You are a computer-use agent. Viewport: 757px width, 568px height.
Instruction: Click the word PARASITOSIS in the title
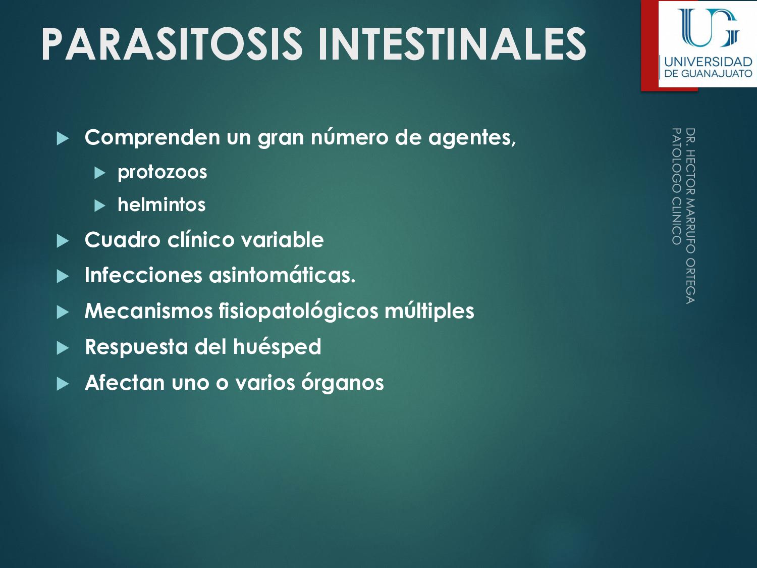(x=172, y=44)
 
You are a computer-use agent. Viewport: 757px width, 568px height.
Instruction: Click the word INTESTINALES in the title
(x=452, y=44)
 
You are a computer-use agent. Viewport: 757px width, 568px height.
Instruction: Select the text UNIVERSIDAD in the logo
(x=708, y=62)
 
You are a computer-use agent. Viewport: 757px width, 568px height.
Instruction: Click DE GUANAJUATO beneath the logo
(x=708, y=74)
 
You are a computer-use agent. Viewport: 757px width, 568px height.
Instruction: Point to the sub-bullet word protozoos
(x=162, y=172)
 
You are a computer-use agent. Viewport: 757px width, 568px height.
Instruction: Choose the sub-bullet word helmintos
(x=161, y=205)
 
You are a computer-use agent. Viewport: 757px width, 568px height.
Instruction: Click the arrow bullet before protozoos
(x=100, y=173)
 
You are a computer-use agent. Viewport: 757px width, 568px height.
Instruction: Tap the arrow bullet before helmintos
(x=100, y=206)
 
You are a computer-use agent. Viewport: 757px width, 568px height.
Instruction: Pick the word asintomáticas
(x=282, y=275)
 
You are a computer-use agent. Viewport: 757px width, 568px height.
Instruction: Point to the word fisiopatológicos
(x=298, y=311)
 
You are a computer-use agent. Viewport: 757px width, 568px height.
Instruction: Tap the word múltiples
(x=429, y=311)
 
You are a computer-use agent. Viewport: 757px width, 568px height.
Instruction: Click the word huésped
(x=277, y=347)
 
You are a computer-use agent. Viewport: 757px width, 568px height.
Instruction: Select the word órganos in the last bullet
(x=342, y=383)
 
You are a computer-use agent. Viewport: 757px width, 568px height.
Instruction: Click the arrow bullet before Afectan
(x=63, y=384)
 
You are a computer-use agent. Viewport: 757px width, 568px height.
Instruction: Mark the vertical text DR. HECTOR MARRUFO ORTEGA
(x=690, y=216)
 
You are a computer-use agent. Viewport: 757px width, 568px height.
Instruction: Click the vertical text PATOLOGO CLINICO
(x=676, y=186)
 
